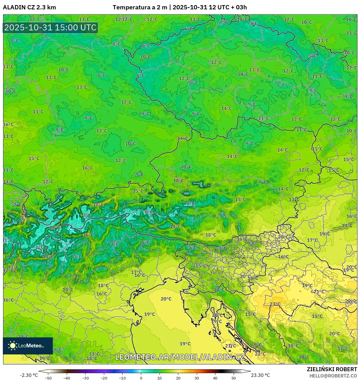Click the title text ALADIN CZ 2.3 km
(x=29, y=7)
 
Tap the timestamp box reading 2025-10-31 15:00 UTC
(x=51, y=28)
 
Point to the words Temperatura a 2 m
(x=140, y=7)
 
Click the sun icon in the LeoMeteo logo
(x=13, y=346)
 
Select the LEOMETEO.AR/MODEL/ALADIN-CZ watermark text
(x=180, y=357)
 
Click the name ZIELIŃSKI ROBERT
(x=332, y=369)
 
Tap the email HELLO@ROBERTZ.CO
(x=333, y=376)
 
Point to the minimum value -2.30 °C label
(x=29, y=375)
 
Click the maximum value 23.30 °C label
(x=260, y=375)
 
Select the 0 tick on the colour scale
(x=141, y=378)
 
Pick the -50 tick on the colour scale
(x=48, y=378)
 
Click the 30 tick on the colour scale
(x=197, y=378)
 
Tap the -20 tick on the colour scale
(x=104, y=378)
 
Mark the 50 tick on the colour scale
(x=234, y=378)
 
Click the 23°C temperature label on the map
(x=275, y=304)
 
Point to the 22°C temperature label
(x=260, y=354)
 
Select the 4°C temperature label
(x=115, y=244)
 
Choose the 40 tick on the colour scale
(x=215, y=378)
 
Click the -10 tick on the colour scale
(x=122, y=378)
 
